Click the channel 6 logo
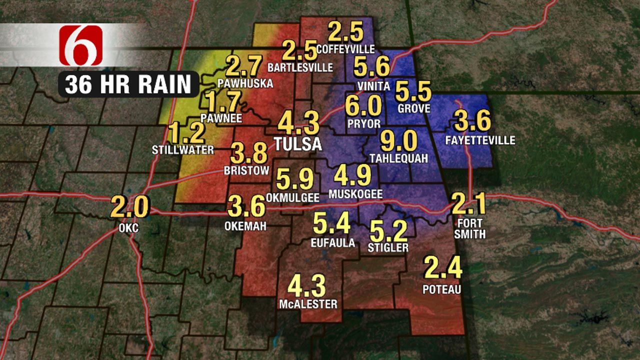coord(81,45)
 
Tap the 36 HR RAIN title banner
coord(128,84)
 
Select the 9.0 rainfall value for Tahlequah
coord(398,141)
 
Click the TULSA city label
coord(298,144)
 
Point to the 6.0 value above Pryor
coord(363,106)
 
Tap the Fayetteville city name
coord(480,140)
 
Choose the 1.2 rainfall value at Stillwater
coord(186,133)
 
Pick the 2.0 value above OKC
coord(129,207)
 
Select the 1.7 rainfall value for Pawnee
coord(223,102)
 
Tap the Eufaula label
coord(332,243)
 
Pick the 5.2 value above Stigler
coord(387,230)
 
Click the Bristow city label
coord(246,170)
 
